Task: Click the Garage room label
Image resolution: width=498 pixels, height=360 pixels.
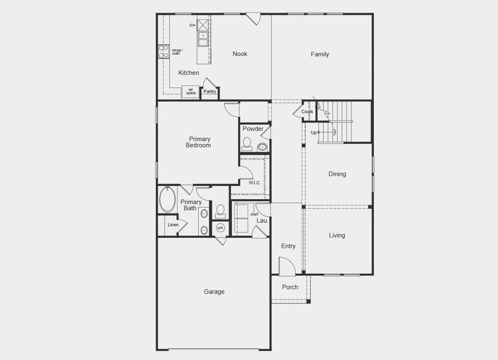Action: coord(214,292)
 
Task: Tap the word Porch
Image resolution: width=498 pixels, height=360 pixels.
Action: coord(290,287)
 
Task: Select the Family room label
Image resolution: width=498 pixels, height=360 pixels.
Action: coord(320,55)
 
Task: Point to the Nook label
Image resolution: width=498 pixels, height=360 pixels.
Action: coord(240,54)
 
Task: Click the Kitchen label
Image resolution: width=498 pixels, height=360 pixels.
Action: coord(188,73)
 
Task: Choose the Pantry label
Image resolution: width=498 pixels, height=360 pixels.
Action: coord(210,92)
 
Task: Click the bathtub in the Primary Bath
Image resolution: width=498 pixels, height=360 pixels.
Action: coord(167,199)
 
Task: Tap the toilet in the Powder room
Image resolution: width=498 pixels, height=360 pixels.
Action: coord(247,144)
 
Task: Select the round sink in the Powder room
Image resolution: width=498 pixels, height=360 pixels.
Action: coord(262,146)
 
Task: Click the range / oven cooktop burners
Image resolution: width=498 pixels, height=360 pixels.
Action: coord(163,52)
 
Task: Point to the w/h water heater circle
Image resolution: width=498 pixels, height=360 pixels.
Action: coord(220,228)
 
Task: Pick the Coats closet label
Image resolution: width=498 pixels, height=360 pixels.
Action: coord(307,112)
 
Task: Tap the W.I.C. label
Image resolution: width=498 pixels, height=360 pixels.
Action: coord(254,183)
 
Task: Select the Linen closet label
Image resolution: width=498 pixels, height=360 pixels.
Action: coord(173,225)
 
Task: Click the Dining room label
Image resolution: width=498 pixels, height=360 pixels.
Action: coord(337,175)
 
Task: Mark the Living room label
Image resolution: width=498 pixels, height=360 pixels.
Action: coord(337,236)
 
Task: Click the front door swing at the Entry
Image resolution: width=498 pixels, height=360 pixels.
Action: coord(286,267)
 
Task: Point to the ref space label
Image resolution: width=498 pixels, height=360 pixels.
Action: coord(190,91)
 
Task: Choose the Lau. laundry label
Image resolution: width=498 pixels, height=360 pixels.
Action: coord(262,221)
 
